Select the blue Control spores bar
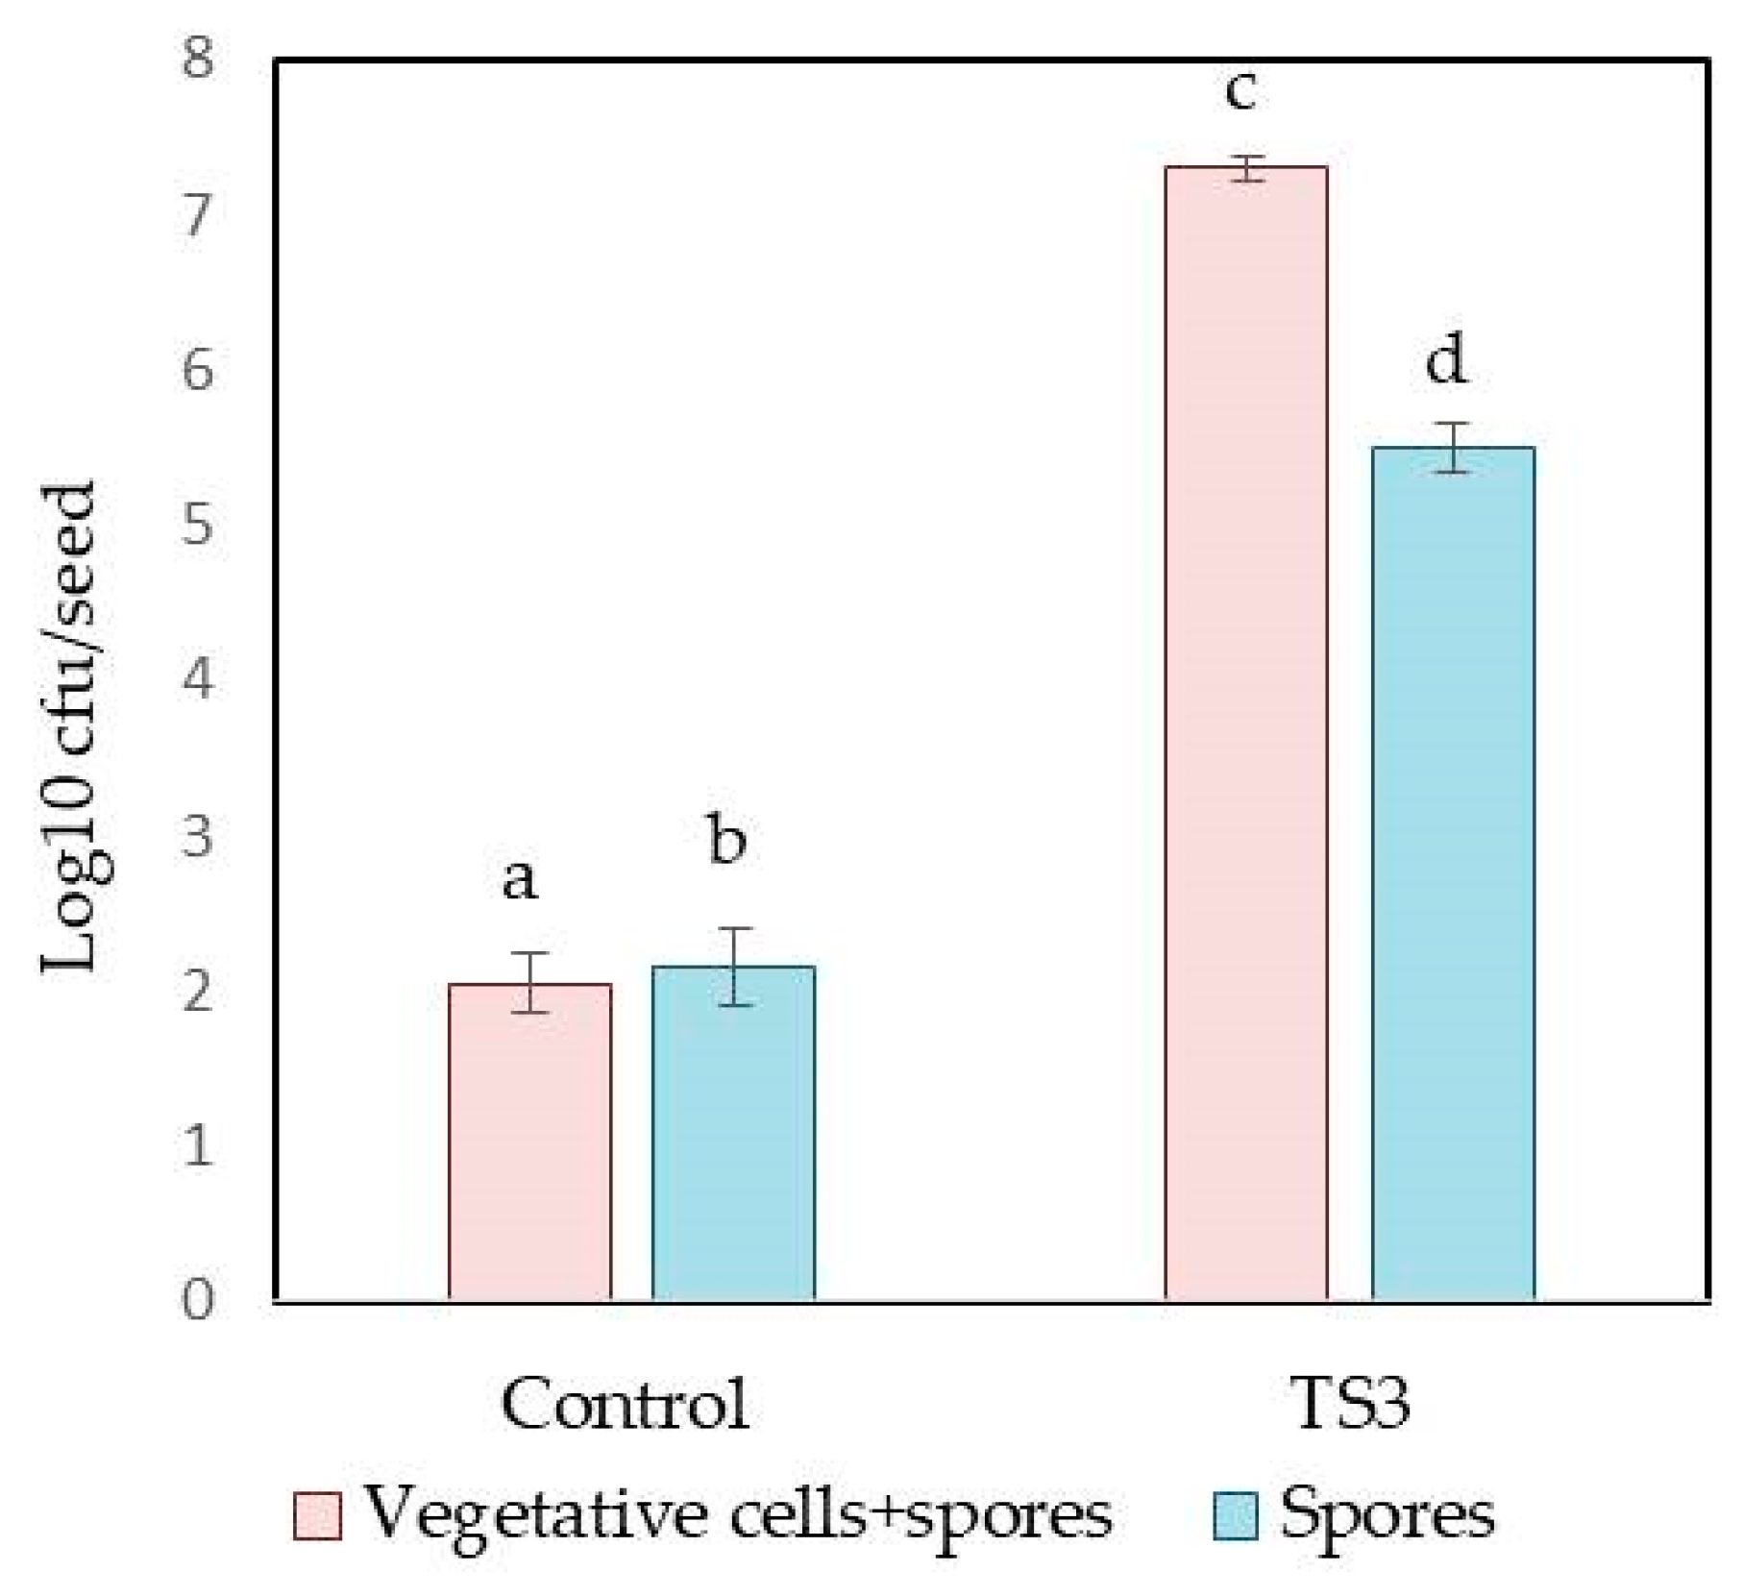733,1134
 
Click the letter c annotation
1240,91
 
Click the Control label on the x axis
625,1406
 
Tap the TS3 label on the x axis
1351,1406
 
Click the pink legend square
317,1516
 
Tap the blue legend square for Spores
1235,1516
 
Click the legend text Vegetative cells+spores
738,1514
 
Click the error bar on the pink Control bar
529,982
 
